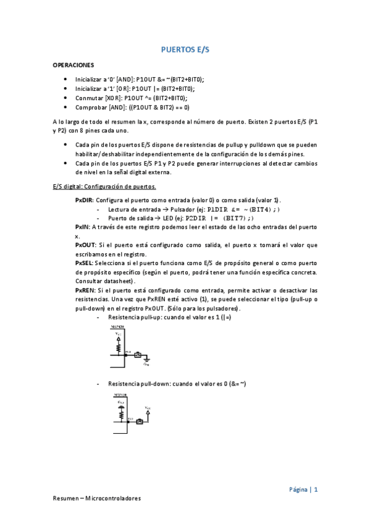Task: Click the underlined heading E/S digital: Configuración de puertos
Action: coord(104,186)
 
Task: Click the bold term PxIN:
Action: coord(82,227)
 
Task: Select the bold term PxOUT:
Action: coord(85,245)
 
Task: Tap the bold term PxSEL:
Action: coord(85,263)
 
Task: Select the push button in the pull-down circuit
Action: coord(139,422)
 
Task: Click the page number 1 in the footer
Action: coord(316,489)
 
